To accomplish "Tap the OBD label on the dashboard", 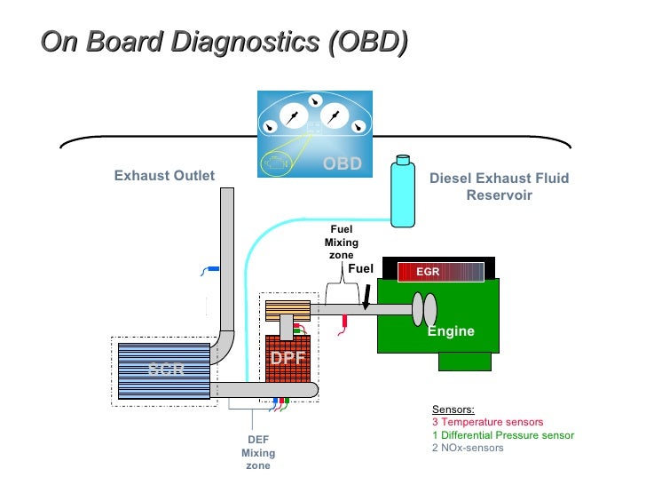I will (x=342, y=163).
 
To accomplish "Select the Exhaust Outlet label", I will (x=164, y=176).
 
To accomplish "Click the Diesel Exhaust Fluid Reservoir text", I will (x=499, y=187).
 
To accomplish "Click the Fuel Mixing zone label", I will (x=342, y=242).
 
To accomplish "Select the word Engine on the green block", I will (x=451, y=331).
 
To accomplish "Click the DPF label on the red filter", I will (x=288, y=359).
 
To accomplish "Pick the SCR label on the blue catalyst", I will (x=166, y=369).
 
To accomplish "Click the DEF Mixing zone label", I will (x=258, y=452).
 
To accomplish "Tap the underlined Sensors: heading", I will (x=453, y=409).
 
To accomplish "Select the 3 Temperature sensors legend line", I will (x=487, y=423).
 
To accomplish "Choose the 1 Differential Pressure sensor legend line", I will (x=502, y=435).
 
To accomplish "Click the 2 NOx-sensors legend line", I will (x=468, y=448).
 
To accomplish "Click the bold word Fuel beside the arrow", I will (x=361, y=269).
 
